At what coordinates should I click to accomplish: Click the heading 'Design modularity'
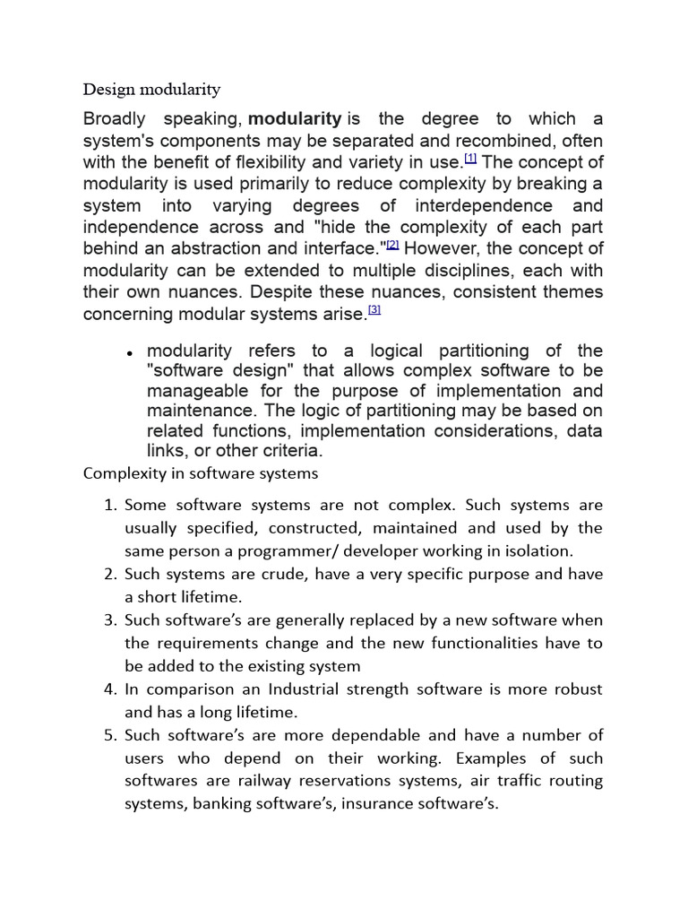(x=151, y=90)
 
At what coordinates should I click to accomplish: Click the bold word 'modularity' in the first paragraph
(x=294, y=119)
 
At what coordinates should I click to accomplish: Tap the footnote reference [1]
(x=470, y=159)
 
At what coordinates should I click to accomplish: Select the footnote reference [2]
(x=392, y=244)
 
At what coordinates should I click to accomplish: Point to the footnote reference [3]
(x=374, y=309)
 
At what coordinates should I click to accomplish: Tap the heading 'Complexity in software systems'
(x=201, y=472)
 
